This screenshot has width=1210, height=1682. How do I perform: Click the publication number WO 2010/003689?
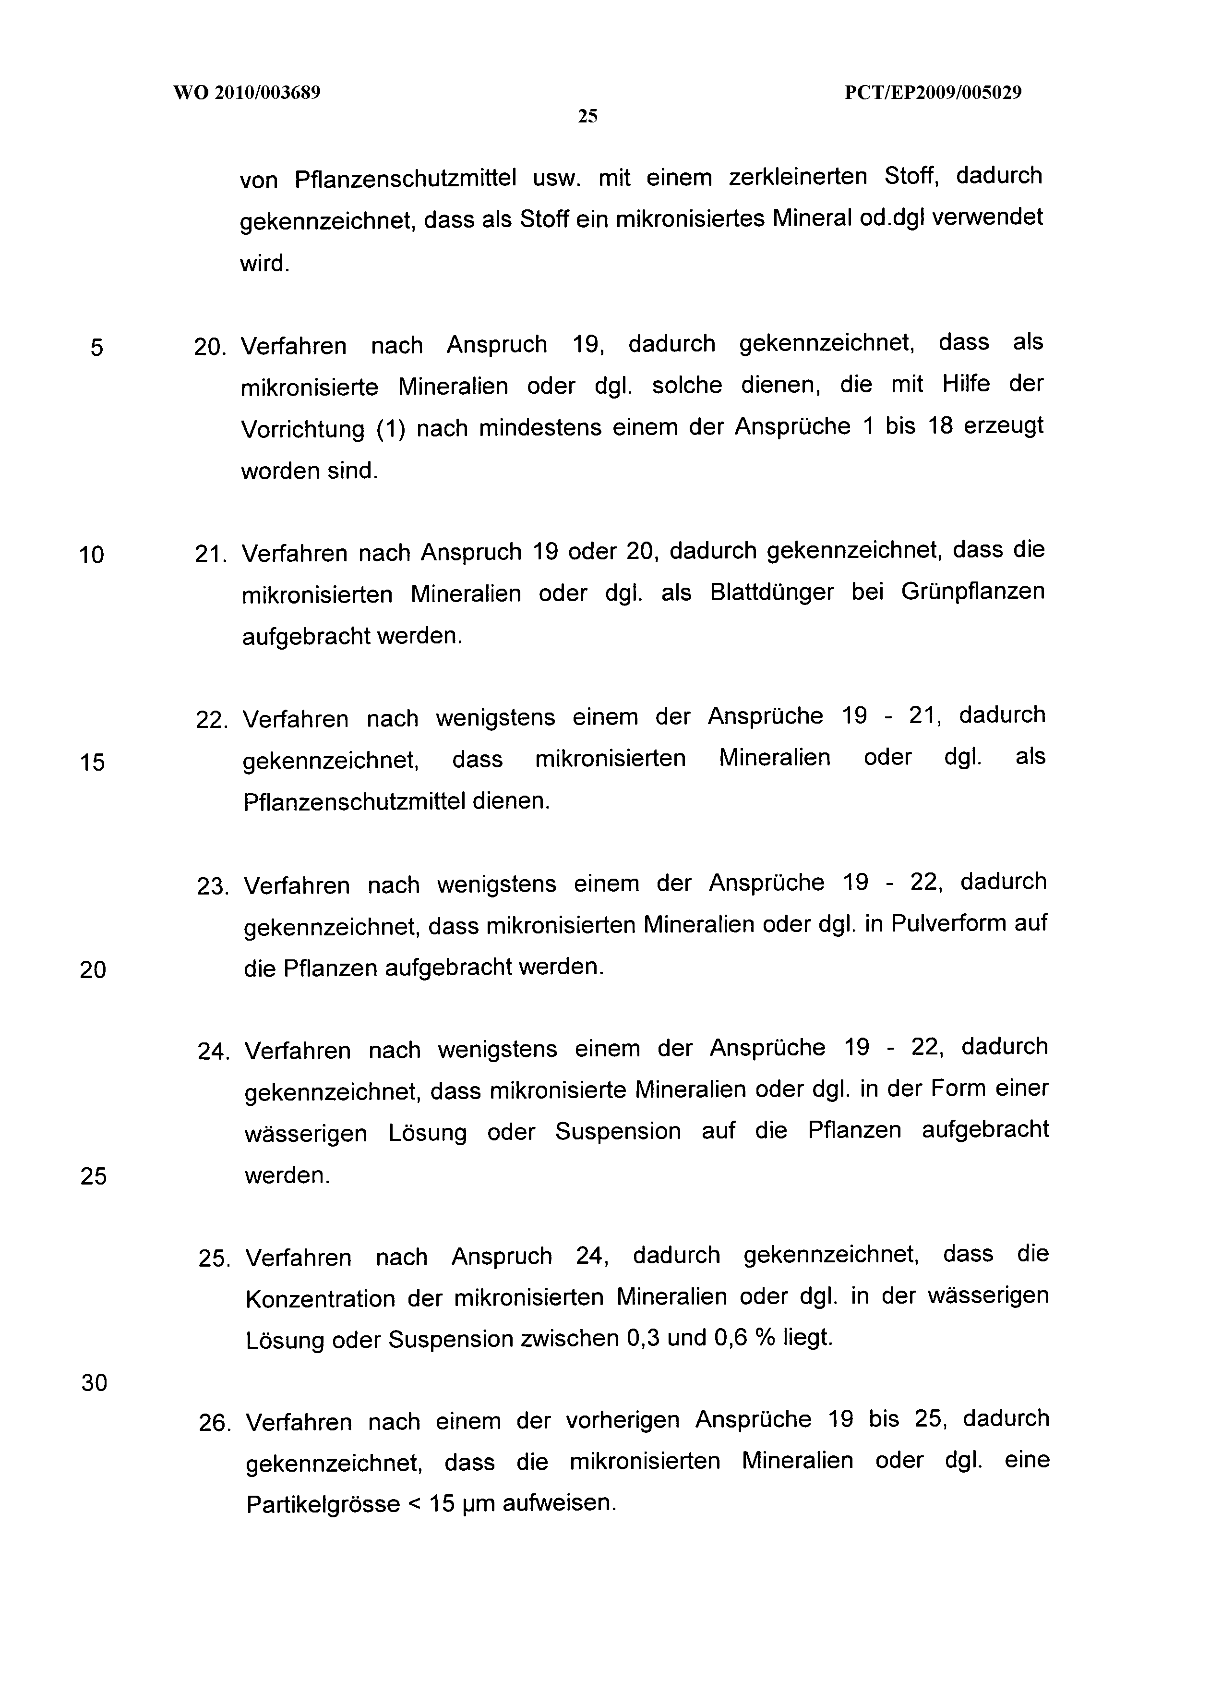tap(247, 93)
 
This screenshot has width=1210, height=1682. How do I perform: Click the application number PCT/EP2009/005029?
tap(933, 93)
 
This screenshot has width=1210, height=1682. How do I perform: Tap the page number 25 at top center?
tap(587, 116)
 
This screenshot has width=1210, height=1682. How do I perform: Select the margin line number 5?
tap(96, 347)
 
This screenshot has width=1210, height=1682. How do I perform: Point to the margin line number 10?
tap(92, 555)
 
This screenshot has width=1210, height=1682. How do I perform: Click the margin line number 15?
tap(93, 762)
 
